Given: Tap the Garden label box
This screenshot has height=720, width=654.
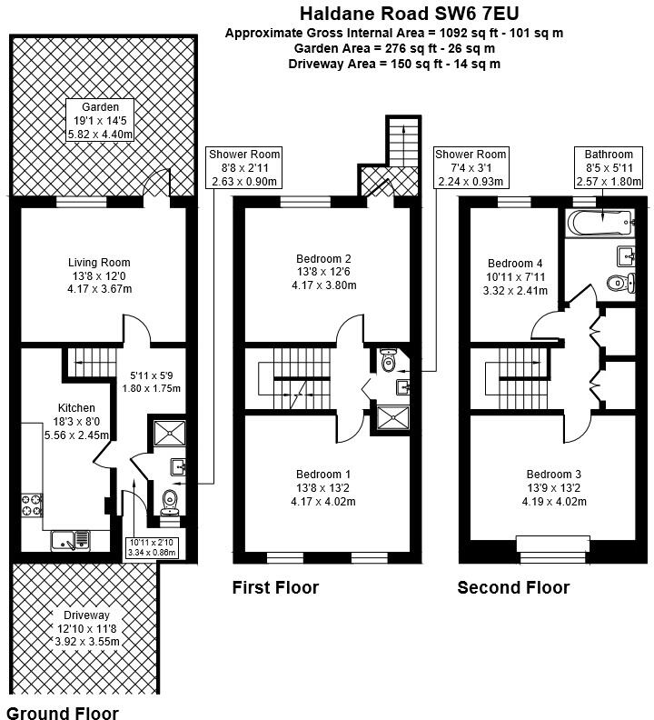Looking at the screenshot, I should pos(100,121).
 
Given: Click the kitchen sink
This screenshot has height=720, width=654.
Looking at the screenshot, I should pos(69,539).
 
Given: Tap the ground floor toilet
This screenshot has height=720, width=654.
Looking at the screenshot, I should pos(169,502).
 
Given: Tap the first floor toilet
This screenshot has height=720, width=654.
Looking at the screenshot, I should pos(389,361).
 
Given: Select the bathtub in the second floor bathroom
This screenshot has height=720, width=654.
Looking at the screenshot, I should pos(598,221).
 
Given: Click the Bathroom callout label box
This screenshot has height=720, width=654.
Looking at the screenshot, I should pos(608,168).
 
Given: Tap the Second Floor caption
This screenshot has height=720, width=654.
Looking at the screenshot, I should pos(513,587).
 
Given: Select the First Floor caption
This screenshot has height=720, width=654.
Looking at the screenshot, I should pos(275,587).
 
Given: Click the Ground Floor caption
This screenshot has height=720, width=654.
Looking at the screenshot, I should pos(63,712).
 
